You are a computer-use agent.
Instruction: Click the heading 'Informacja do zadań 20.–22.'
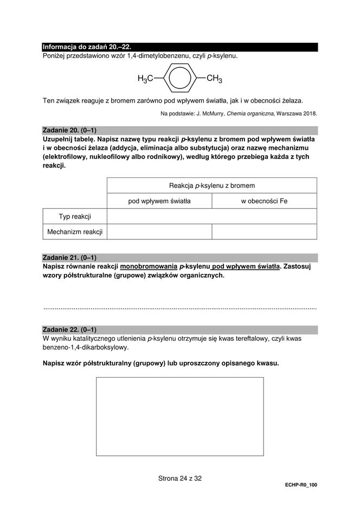87,47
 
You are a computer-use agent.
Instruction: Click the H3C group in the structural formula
145,79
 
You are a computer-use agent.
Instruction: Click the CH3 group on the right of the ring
215,79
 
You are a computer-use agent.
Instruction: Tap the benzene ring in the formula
179,79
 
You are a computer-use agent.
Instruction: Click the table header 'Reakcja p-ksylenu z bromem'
211,186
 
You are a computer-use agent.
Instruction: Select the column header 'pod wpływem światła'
159,201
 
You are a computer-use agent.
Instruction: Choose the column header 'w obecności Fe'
264,201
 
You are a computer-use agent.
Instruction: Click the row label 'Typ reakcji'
75,217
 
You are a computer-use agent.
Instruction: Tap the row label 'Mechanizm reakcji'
75,232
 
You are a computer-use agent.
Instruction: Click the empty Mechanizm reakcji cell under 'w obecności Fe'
264,232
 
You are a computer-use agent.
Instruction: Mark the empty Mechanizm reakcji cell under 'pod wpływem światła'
159,232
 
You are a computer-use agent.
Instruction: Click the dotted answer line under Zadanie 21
179,308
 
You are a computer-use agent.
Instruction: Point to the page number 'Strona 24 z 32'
179,479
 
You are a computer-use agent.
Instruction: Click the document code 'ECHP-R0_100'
300,485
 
